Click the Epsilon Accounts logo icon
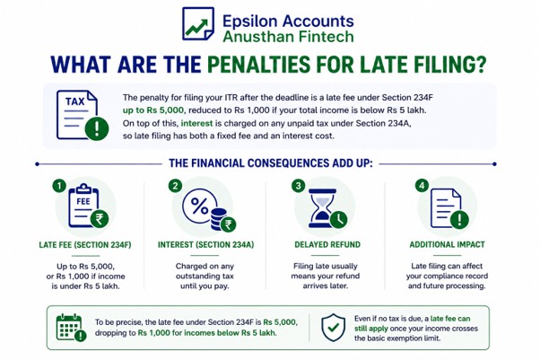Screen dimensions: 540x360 [x=198, y=23]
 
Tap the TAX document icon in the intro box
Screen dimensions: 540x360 [x=83, y=116]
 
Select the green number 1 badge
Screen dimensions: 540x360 [x=59, y=186]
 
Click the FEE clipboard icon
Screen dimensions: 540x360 [x=88, y=206]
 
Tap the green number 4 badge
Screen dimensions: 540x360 [x=422, y=186]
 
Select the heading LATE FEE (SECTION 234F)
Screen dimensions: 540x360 [x=85, y=245]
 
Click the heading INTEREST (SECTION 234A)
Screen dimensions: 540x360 [x=205, y=245]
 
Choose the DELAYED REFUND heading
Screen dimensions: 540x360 [x=327, y=244]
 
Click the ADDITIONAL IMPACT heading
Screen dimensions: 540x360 [x=447, y=244]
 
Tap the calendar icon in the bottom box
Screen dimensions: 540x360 [x=71, y=328]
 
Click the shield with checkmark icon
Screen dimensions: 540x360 [x=333, y=328]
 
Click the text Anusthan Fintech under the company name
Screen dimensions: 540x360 [x=288, y=37]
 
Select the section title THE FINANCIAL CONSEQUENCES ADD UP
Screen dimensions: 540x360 [x=271, y=163]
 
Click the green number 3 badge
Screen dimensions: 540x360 [x=298, y=186]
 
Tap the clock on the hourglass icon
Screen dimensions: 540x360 [x=338, y=219]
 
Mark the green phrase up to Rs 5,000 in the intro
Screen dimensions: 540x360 [x=154, y=110]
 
